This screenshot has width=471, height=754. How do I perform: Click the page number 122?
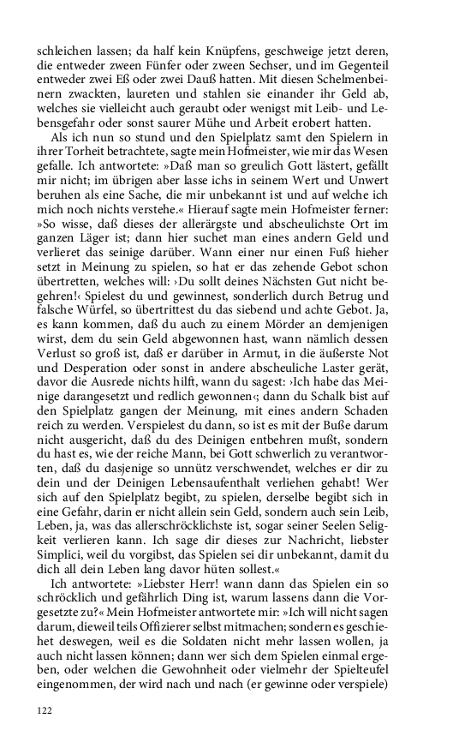[45, 709]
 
